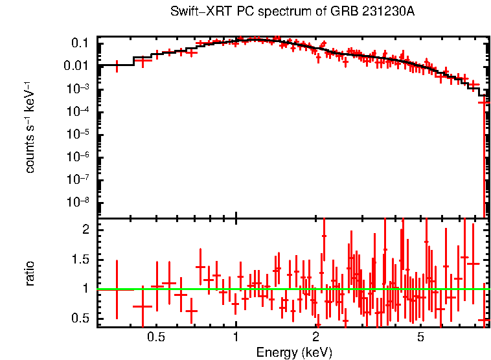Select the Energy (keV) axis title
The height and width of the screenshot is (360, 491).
294,353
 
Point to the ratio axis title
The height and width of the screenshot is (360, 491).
30,273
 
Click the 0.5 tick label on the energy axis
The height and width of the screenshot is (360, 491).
155,337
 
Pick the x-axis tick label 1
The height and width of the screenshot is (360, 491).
236,337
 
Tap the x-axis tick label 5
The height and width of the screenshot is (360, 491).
420,337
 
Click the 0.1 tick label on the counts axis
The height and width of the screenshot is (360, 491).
80,43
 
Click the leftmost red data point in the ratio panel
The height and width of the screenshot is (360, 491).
117,289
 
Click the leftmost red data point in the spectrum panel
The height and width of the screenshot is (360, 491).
117,65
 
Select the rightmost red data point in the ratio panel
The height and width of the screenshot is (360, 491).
483,321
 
